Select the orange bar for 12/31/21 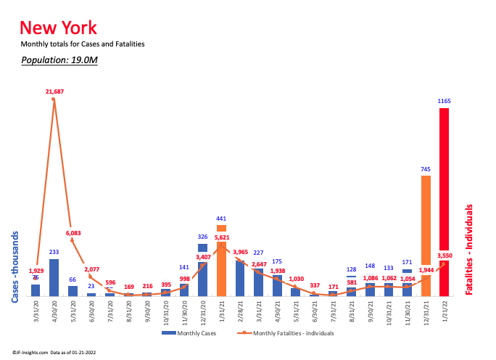coord(426,232)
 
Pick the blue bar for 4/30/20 coord(54,277)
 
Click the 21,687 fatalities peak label coord(54,91)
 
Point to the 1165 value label coord(444,101)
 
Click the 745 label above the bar coord(426,169)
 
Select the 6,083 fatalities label coord(73,234)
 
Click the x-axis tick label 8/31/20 coord(128,314)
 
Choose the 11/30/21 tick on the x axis coord(408,314)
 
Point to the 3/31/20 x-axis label coord(36,314)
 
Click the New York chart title coord(58,28)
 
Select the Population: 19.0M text coord(59,60)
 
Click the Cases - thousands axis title coord(15,266)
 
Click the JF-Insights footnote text coord(57,352)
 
